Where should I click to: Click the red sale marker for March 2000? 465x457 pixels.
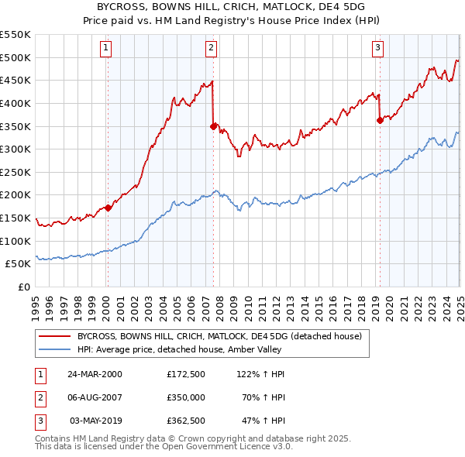pyautogui.click(x=108, y=207)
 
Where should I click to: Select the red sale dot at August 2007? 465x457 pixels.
pyautogui.click(x=213, y=125)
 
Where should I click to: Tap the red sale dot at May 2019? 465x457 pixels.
pyautogui.click(x=380, y=119)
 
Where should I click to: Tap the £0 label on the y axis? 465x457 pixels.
pyautogui.click(x=23, y=287)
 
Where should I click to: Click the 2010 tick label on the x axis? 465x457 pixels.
pyautogui.click(x=248, y=304)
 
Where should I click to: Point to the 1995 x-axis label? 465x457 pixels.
pyautogui.click(x=36, y=304)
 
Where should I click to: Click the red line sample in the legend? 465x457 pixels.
pyautogui.click(x=54, y=336)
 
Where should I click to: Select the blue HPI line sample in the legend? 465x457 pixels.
pyautogui.click(x=54, y=349)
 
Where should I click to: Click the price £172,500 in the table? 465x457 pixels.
pyautogui.click(x=185, y=373)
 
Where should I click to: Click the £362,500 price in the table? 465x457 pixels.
pyautogui.click(x=185, y=422)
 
